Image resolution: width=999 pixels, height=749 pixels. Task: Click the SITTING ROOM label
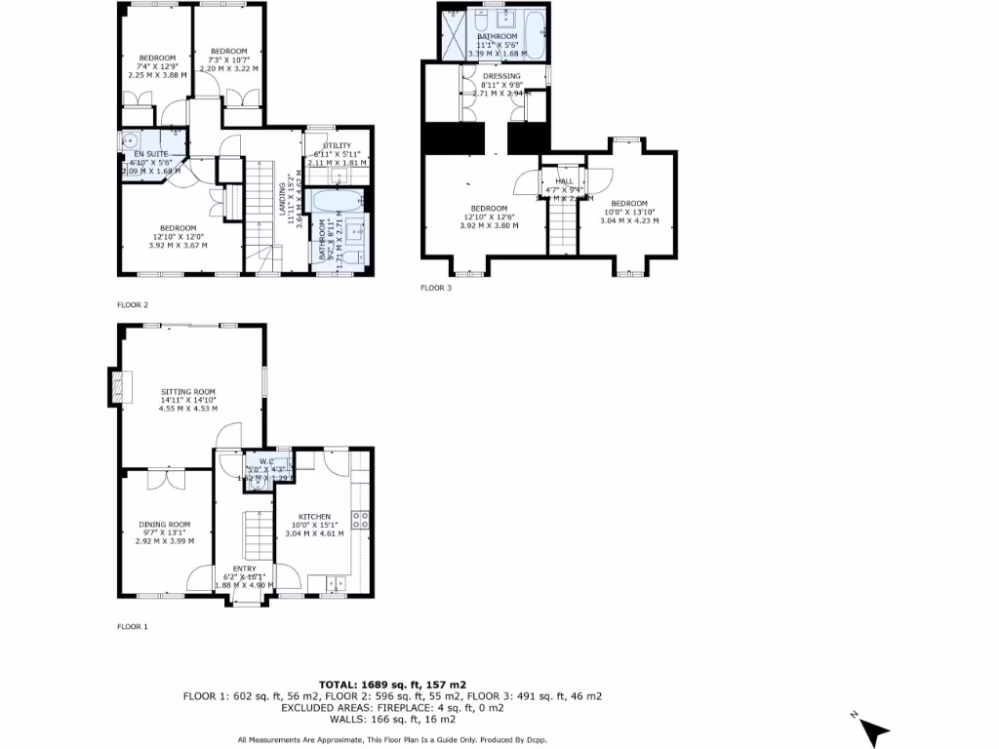[x=188, y=392]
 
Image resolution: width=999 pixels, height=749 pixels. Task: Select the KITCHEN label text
[x=314, y=517]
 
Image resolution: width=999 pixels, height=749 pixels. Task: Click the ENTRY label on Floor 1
[x=244, y=569]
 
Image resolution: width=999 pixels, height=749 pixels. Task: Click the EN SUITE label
[x=138, y=154]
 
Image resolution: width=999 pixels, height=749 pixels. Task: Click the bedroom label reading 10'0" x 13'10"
[x=628, y=203]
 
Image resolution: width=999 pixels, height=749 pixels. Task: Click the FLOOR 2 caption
[x=133, y=305]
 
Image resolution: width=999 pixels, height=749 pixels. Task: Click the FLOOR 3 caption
[x=436, y=288]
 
